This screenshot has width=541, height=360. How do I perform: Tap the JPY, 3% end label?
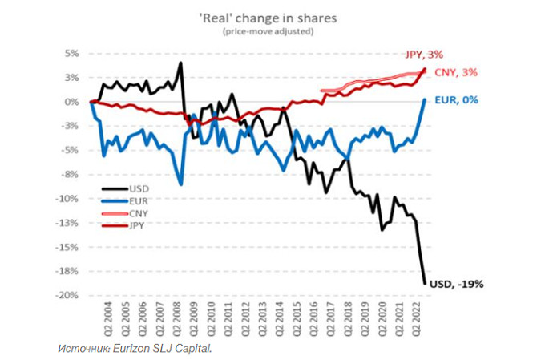tap(446, 55)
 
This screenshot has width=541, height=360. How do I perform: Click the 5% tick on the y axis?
tap(72, 54)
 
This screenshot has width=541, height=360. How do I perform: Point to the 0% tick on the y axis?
tap(72, 102)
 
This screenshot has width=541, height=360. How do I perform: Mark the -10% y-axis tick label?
tap(68, 199)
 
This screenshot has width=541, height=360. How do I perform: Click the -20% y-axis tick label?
tap(68, 295)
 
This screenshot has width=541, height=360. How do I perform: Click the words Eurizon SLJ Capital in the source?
tap(165, 348)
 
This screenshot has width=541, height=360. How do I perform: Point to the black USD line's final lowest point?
tap(425, 282)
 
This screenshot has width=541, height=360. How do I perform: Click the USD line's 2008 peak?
tap(181, 63)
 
